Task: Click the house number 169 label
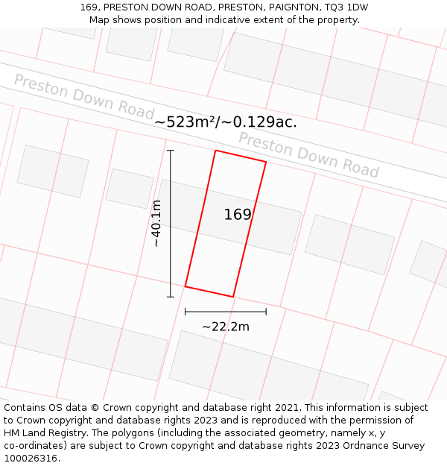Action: point(238,215)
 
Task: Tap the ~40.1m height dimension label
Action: point(156,223)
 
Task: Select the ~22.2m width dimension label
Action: point(226,326)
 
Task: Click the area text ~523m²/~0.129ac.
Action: point(226,122)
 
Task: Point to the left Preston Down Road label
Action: point(83,95)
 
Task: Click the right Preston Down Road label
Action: point(308,155)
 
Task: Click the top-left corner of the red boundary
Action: point(215,151)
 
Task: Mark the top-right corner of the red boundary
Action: point(266,162)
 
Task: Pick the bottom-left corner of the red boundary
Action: point(186,286)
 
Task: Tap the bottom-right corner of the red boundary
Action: point(233,297)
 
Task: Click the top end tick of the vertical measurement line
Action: point(171,151)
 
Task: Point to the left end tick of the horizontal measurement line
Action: point(186,312)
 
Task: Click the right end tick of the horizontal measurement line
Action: point(266,312)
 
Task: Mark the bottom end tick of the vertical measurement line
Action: point(171,297)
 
